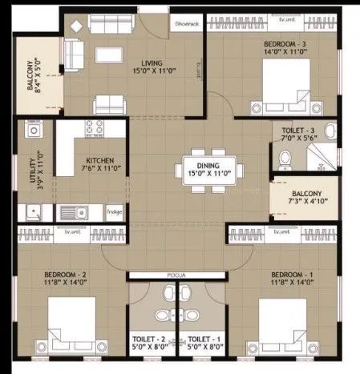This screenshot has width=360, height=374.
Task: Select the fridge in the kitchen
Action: tap(115, 212)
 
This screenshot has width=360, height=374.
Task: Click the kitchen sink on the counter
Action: tap(72, 213)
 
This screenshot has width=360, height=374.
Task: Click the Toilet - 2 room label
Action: tap(151, 339)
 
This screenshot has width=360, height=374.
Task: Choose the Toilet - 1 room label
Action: tap(199, 339)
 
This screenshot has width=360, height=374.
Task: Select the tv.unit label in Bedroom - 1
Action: tap(281, 232)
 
